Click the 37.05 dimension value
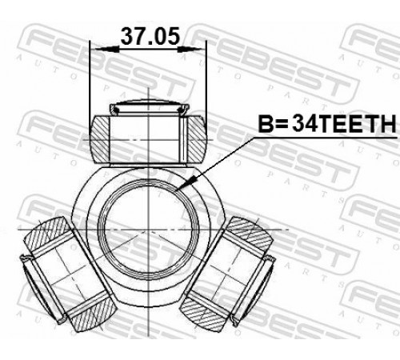[150, 36]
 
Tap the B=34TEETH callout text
[327, 123]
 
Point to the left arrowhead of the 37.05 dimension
[107, 49]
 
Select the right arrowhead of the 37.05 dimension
[190, 49]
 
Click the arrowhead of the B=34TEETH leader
[186, 183]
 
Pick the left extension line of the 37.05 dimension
[90, 88]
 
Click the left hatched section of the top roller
[100, 139]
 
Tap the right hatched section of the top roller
[197, 139]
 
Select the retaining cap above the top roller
[150, 108]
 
